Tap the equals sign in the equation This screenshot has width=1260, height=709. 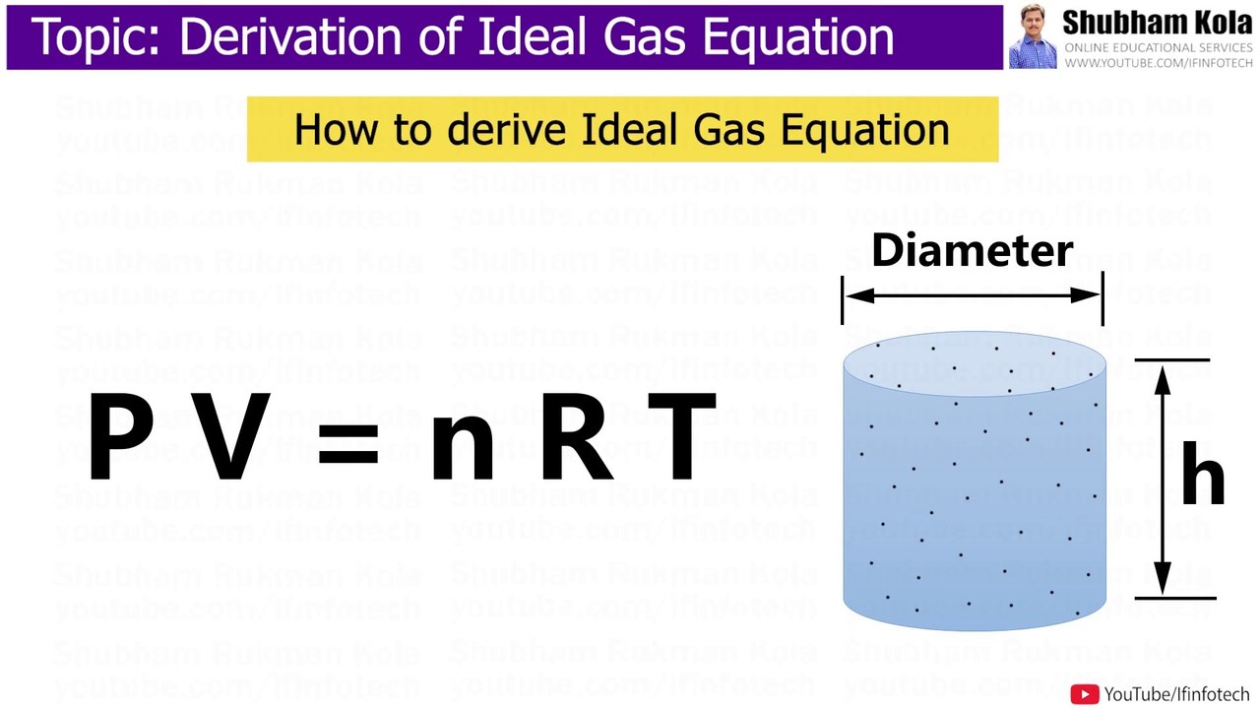coord(347,439)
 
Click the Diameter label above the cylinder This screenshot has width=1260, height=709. coord(972,250)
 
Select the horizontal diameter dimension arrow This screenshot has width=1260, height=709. coord(972,294)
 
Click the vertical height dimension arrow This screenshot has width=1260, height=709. coord(1163,479)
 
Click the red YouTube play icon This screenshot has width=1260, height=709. coord(1085,694)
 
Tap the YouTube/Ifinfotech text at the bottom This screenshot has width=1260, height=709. coord(1176,694)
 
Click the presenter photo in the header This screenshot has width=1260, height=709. coord(1032,37)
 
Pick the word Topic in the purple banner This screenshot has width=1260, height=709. coord(96,37)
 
